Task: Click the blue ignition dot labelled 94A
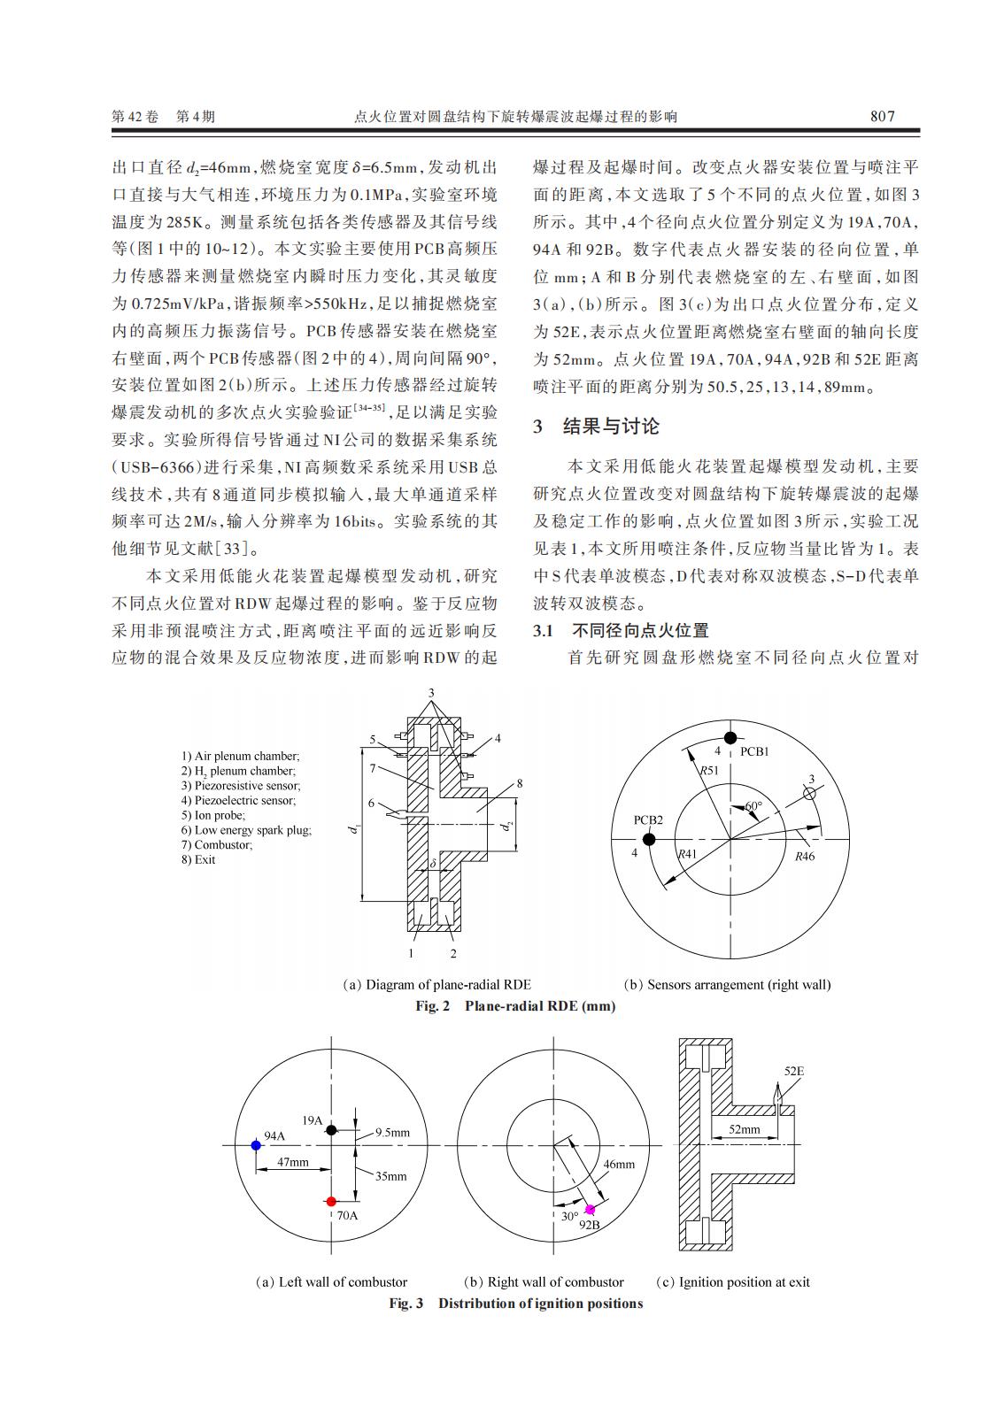(256, 1145)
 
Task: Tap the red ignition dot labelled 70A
(331, 1202)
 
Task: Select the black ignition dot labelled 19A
(331, 1130)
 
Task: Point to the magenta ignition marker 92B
(590, 1210)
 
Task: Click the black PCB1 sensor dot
(730, 738)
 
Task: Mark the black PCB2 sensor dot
(648, 839)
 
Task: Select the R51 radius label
(708, 771)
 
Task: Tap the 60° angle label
(753, 806)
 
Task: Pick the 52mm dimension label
(744, 1129)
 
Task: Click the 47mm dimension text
(293, 1162)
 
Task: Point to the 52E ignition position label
(793, 1072)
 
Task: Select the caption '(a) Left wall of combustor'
(331, 1281)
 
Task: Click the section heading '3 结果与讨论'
(596, 427)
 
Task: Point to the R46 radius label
(804, 856)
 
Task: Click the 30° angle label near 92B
(569, 1216)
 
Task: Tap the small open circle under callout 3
(808, 795)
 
